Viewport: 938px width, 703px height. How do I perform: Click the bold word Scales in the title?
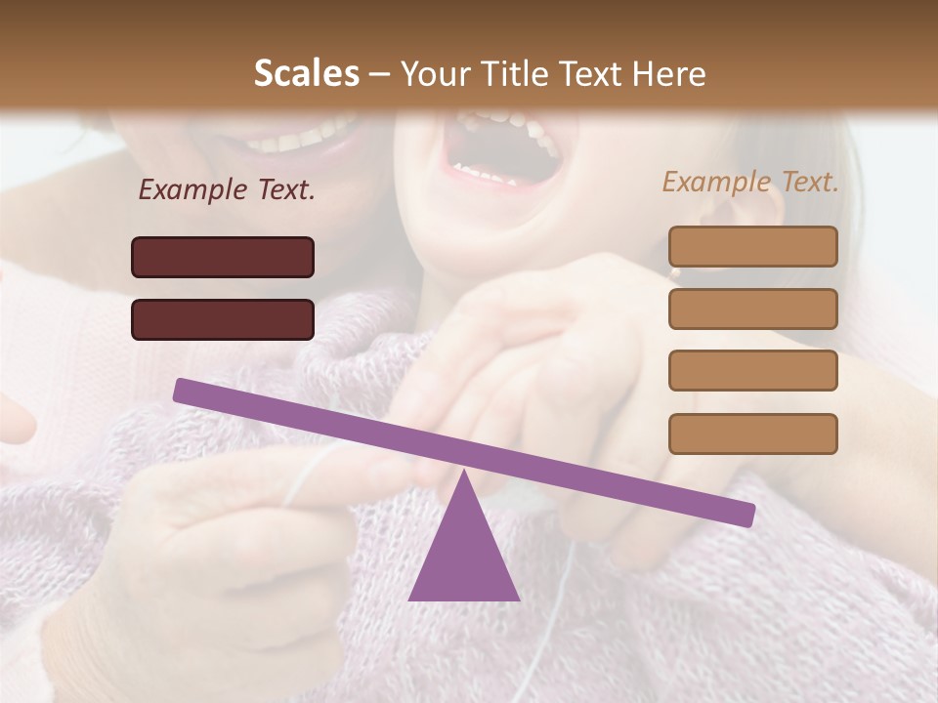[307, 74]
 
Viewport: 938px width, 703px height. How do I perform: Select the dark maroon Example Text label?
[227, 190]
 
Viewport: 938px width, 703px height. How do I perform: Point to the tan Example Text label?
[750, 182]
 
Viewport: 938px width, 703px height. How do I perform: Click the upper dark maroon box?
[223, 257]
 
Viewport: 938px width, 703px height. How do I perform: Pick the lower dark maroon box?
[223, 319]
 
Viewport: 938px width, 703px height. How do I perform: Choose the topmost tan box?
[752, 246]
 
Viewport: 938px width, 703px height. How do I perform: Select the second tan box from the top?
[752, 309]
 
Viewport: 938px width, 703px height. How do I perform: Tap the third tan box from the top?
[752, 370]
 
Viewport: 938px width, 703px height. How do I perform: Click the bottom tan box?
[752, 434]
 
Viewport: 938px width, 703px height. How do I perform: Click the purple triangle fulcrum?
[464, 552]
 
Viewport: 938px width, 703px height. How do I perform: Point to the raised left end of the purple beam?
[182, 390]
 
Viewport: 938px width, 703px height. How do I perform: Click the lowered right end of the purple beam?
[746, 515]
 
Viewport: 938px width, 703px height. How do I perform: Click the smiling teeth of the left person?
[298, 136]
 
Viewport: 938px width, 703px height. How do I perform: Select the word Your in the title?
[432, 74]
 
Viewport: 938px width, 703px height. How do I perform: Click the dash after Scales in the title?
[379, 74]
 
